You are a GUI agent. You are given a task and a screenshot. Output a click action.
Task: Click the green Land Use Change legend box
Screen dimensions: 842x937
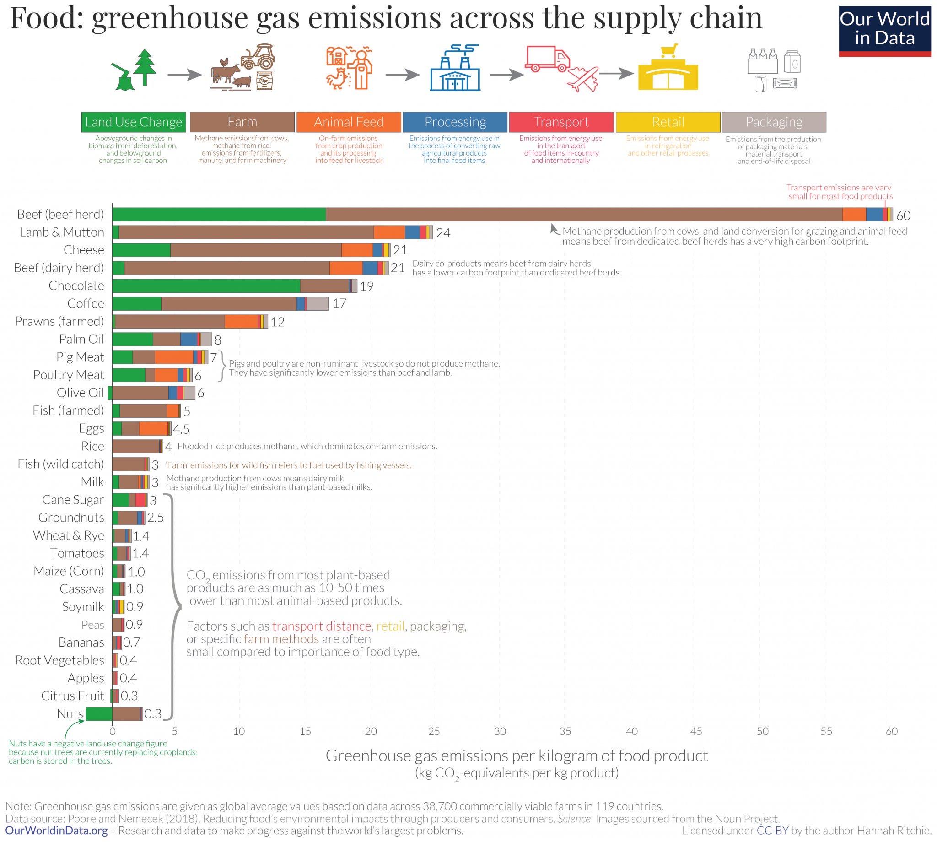click(134, 122)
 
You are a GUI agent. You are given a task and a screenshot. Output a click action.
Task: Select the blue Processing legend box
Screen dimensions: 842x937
click(455, 122)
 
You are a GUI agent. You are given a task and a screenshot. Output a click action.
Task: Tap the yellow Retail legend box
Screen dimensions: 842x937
click(668, 122)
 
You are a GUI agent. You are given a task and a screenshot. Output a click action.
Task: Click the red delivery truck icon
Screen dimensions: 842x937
click(548, 58)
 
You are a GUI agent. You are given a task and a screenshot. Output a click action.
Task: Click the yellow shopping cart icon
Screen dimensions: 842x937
click(669, 50)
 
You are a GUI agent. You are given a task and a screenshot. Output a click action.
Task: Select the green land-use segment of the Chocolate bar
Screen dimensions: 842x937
click(206, 286)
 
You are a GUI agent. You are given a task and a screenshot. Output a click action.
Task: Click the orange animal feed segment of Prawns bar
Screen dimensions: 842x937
click(241, 322)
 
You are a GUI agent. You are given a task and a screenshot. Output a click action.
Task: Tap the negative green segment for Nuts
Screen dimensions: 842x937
click(98, 714)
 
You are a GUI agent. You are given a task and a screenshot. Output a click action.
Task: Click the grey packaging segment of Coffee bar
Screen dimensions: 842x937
click(317, 303)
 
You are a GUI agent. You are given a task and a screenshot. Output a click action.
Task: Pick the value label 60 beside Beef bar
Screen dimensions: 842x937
click(903, 215)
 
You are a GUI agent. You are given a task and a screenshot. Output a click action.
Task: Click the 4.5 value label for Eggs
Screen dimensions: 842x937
click(181, 429)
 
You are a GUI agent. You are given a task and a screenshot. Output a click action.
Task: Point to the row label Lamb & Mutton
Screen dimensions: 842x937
click(61, 232)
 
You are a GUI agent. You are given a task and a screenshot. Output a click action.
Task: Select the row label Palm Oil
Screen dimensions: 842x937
click(81, 339)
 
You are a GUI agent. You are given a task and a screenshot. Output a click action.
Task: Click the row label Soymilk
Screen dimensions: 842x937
click(83, 606)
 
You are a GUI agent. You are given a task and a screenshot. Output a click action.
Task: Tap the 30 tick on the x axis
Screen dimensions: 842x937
click(500, 731)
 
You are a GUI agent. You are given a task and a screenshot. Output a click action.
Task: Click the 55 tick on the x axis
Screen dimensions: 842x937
click(826, 731)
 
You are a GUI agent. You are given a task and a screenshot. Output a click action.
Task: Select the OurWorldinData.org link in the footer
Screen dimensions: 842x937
click(56, 831)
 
